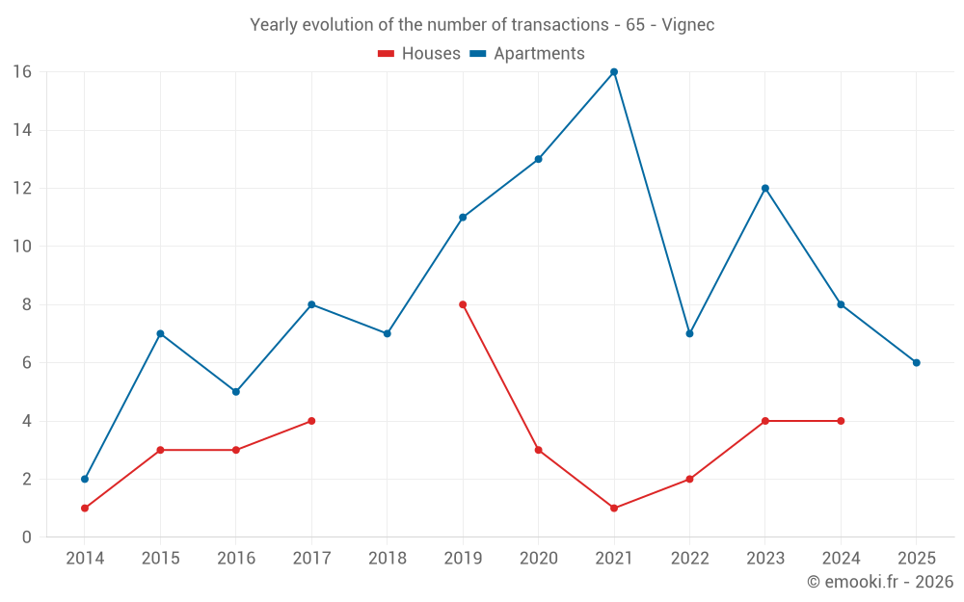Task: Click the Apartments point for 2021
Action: pos(614,72)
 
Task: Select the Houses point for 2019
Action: pos(463,304)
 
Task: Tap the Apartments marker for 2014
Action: pos(85,479)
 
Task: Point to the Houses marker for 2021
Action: pos(614,508)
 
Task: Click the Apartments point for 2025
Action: pos(917,363)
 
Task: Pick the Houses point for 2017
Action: pos(311,421)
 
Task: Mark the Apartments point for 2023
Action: pos(765,188)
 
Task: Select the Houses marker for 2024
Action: pos(841,421)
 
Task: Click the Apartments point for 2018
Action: pos(388,333)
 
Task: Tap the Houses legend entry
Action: pos(419,54)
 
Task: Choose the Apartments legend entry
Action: pos(527,54)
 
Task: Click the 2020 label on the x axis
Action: pos(538,559)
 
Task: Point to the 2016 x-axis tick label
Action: pos(236,559)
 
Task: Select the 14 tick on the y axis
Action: pos(22,130)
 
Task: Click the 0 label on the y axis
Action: pos(27,537)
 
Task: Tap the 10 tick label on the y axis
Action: pos(22,247)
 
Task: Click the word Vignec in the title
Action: pos(688,25)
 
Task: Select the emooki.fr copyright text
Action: pos(880,582)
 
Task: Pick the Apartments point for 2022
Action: pos(689,333)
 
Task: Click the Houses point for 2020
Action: pos(538,450)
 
